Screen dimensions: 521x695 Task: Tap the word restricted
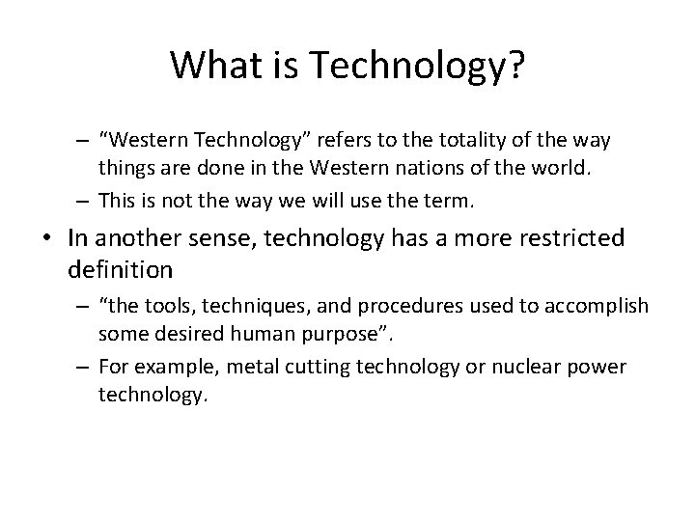tap(557, 238)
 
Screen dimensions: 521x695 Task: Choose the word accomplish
tap(598, 307)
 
